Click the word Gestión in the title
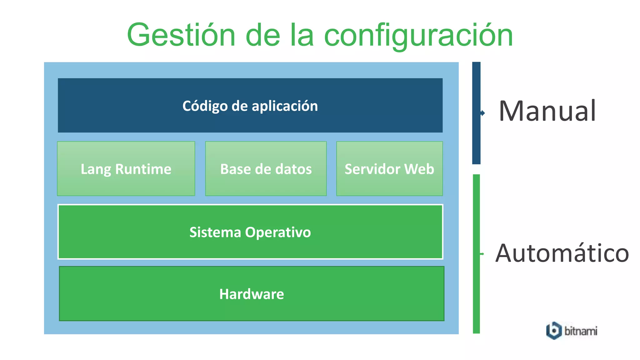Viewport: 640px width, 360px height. click(181, 35)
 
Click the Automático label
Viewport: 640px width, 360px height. click(562, 253)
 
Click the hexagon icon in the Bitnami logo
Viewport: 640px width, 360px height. click(554, 330)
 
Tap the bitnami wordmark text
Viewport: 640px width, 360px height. click(581, 331)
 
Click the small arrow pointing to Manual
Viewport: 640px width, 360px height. click(483, 113)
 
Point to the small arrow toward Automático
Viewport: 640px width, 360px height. click(482, 254)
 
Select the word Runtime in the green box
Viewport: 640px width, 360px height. click(143, 169)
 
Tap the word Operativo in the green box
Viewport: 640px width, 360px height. click(278, 232)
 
